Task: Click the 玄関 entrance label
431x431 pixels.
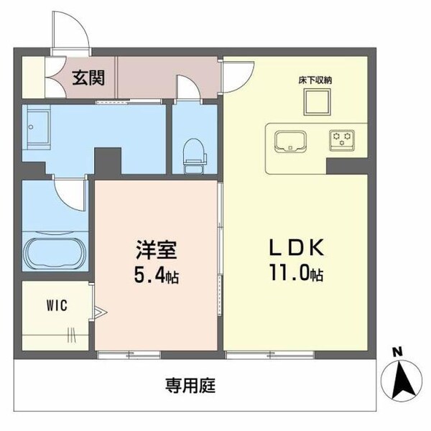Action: [90, 77]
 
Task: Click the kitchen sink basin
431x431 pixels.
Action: [292, 140]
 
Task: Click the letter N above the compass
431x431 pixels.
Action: [396, 351]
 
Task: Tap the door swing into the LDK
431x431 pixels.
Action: [236, 74]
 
